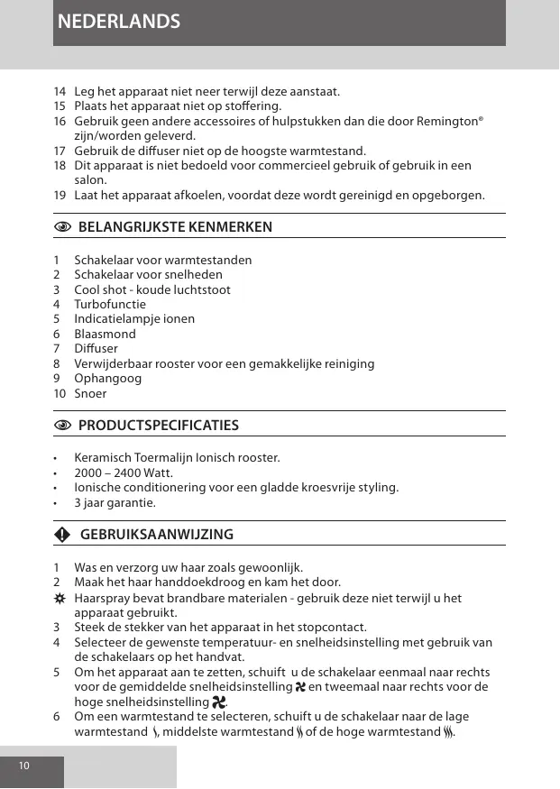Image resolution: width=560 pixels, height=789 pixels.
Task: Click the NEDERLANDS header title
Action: point(118,22)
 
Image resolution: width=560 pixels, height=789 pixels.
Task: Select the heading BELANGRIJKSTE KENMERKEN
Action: point(175,226)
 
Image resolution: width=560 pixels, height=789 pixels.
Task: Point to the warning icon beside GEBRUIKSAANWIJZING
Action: point(61,535)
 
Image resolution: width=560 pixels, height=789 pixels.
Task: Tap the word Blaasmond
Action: point(105,334)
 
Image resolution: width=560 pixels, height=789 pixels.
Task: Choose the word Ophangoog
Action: point(107,378)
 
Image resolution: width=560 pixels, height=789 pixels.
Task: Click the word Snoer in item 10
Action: point(90,393)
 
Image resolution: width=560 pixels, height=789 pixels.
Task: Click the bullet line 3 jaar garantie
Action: point(115,503)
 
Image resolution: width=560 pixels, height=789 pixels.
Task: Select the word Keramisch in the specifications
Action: point(104,458)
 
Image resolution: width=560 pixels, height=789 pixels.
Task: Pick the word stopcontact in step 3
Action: point(333,628)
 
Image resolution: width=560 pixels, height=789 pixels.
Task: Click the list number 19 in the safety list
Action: point(60,196)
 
